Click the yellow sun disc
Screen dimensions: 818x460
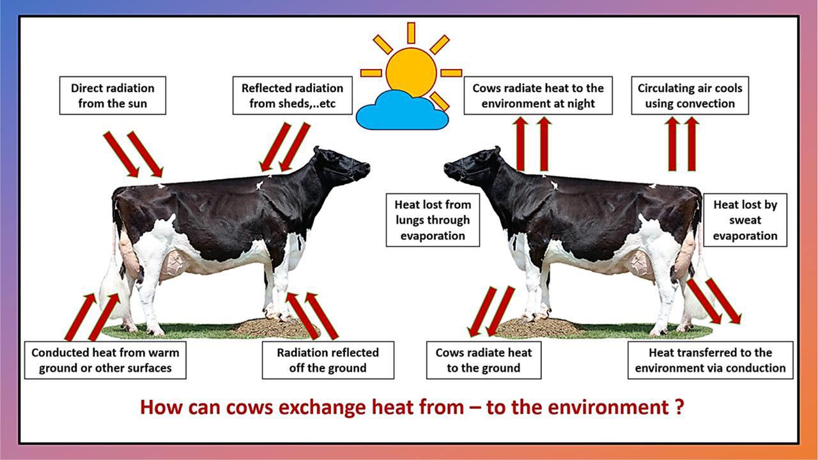click(411, 72)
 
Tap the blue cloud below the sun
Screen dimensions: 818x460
click(402, 111)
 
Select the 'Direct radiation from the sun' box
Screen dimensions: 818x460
click(112, 96)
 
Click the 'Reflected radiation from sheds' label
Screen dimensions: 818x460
click(293, 96)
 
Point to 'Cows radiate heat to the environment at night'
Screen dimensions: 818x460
click(538, 96)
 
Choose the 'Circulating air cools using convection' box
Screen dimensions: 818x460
click(690, 96)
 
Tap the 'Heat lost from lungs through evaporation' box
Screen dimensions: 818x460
click(433, 220)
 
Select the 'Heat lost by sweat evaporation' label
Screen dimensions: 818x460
click(745, 220)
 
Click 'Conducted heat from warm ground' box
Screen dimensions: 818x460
click(105, 360)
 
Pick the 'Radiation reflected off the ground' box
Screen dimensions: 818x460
click(328, 360)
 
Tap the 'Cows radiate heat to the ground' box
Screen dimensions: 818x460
click(484, 360)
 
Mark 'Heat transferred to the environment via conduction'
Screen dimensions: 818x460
click(710, 360)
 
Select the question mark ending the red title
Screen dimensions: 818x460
click(679, 407)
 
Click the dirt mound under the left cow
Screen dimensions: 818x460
click(275, 326)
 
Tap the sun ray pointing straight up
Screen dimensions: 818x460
click(411, 33)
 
